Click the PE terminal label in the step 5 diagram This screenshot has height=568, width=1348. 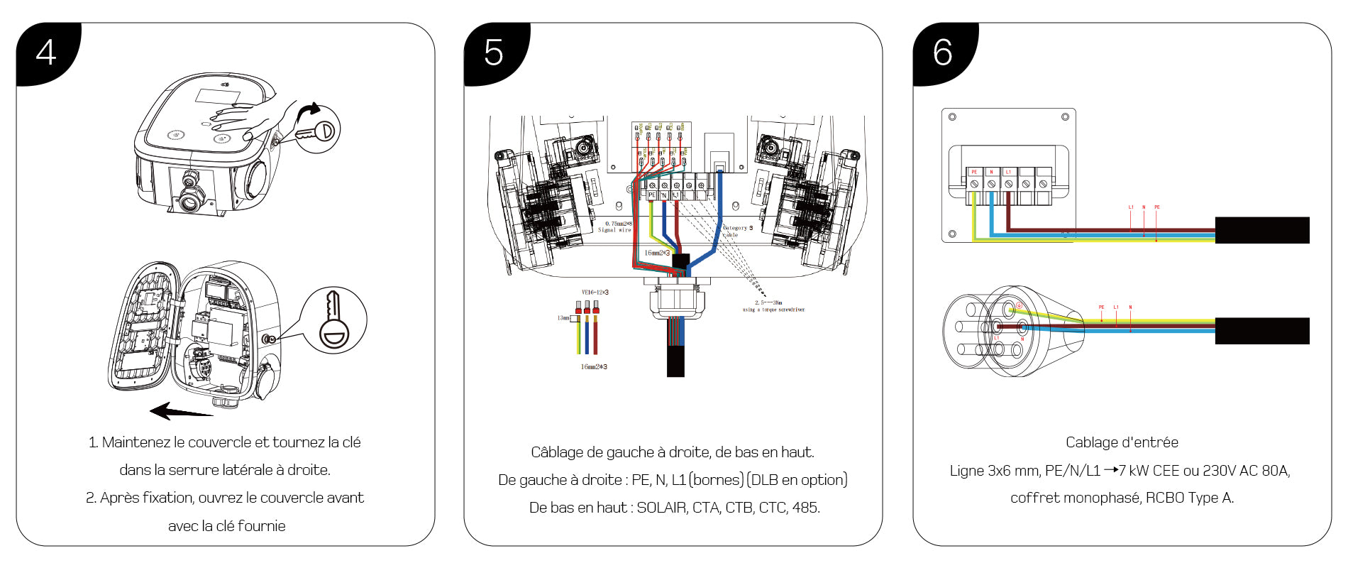coord(652,195)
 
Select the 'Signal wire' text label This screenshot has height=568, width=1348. coord(614,230)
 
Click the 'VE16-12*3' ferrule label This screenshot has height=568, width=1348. coord(595,293)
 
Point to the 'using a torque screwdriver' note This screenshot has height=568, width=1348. coord(773,310)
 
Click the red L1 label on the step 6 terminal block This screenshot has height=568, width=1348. coord(1008,172)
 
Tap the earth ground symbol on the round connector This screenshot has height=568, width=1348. coord(1019,306)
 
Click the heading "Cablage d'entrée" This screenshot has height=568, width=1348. coord(1122,442)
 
